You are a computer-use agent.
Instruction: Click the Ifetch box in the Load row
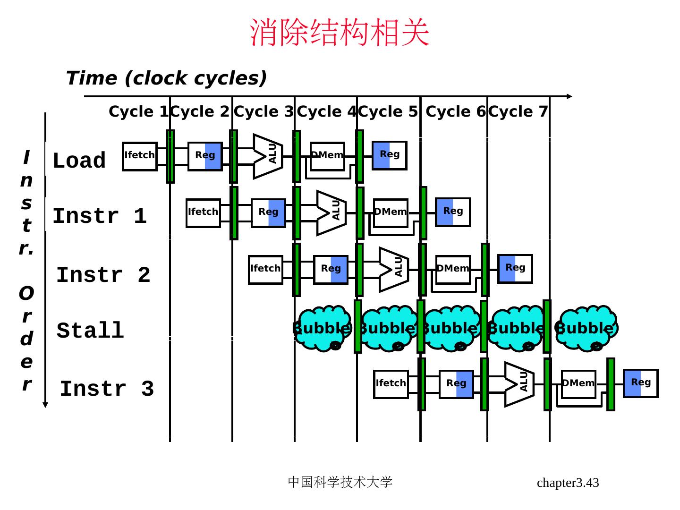point(140,156)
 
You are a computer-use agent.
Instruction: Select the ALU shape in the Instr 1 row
point(331,212)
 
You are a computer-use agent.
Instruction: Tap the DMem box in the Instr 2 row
point(453,269)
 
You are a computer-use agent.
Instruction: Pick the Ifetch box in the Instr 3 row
point(391,384)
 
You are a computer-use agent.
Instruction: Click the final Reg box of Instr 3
point(640,383)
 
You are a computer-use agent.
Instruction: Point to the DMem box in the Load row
point(327,156)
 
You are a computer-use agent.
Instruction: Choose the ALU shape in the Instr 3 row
point(519,384)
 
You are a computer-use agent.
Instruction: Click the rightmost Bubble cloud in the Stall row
point(586,328)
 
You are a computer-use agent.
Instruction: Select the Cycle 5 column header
point(388,112)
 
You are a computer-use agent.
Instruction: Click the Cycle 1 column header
point(138,112)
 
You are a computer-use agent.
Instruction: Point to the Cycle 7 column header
point(518,112)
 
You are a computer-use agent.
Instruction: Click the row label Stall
point(90,331)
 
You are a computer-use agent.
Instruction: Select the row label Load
point(79,161)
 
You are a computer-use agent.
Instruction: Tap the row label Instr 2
point(103,275)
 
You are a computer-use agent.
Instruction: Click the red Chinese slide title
point(340,33)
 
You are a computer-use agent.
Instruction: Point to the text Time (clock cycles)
point(166,78)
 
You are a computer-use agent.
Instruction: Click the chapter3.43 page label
point(568,483)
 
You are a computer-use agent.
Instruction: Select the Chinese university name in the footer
point(340,482)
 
